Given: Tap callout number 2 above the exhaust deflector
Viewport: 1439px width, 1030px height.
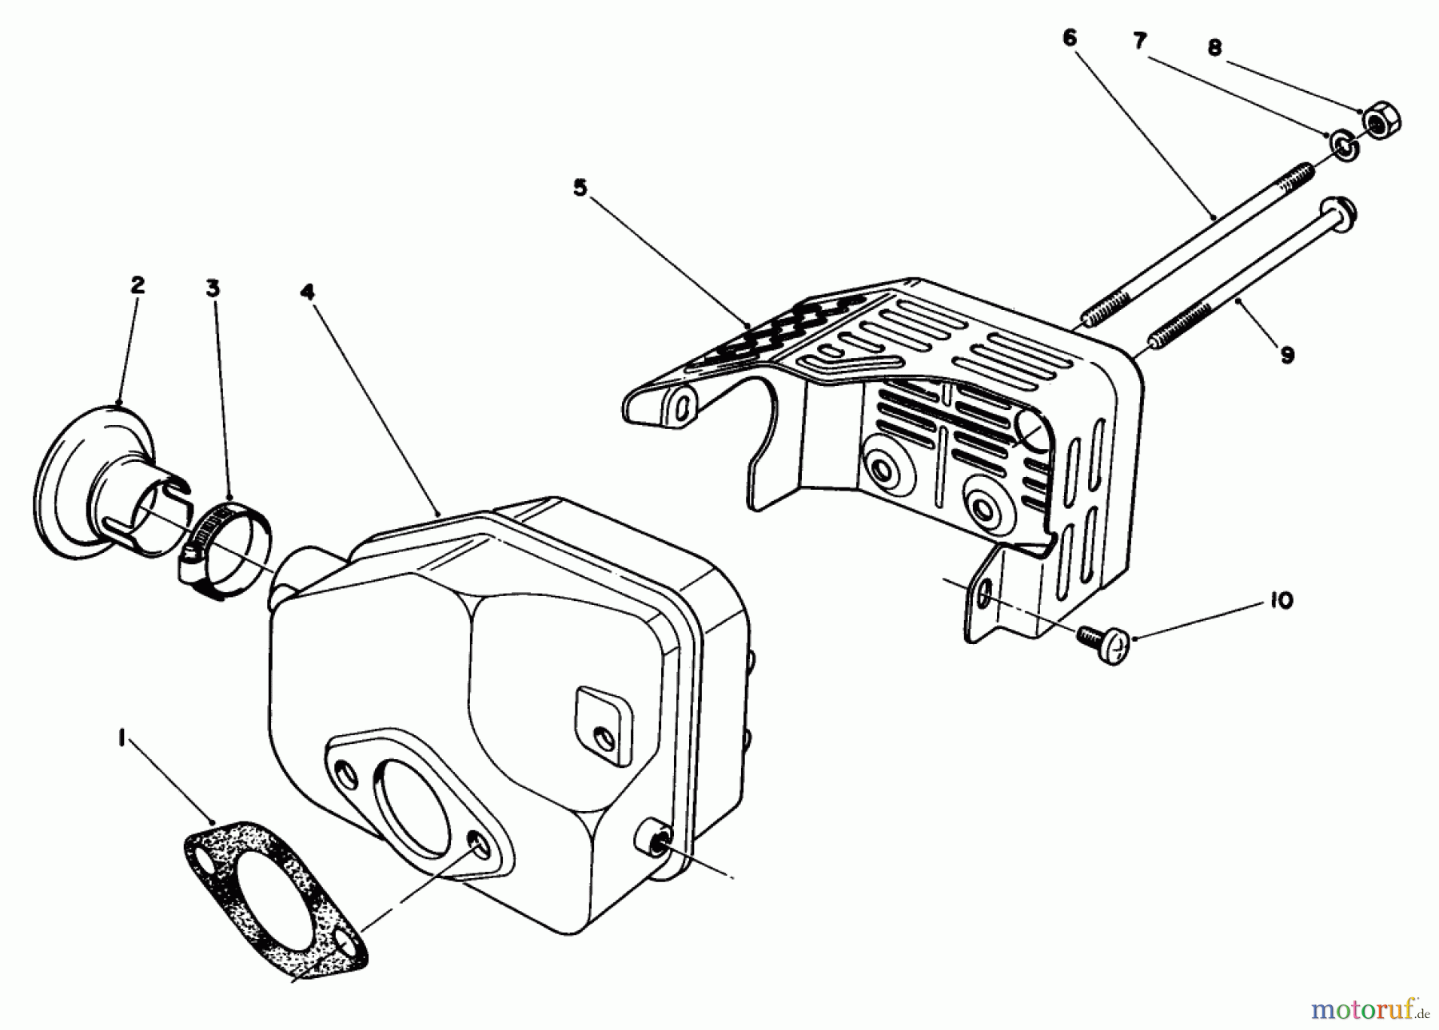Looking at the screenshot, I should pos(138,285).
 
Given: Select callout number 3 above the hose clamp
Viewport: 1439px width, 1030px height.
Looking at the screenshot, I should pos(213,288).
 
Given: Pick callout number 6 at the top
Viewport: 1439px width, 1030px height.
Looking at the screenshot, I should pos(1070,38).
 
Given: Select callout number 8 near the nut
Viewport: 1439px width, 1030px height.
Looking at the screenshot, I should pos(1214,48).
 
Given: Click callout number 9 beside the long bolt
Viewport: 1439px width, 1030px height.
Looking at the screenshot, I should pos(1287,355).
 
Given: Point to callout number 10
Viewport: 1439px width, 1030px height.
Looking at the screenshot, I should pos(1281,601).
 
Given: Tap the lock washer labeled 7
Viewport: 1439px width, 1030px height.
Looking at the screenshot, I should pos(1343,145).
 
